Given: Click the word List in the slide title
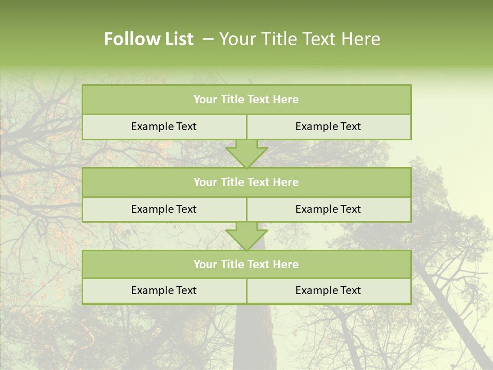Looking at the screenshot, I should point(176,39).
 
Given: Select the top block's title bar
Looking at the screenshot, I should point(246,100).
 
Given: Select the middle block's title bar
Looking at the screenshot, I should point(246,182).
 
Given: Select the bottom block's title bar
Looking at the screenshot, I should point(246,264).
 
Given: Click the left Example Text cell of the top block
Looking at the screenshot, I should point(164,126).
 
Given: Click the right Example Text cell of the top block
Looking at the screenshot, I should point(328,126).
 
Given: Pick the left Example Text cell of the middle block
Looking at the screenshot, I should point(164,209).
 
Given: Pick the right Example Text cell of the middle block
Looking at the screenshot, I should point(328,209).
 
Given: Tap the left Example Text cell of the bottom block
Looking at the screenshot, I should point(164,290).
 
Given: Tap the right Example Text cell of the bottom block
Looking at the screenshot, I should point(328,290).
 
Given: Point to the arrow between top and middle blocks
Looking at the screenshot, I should point(246,153).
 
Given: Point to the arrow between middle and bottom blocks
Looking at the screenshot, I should point(246,236).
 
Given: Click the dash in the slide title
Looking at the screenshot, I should point(208,39).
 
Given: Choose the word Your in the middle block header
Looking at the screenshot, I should point(205,182).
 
